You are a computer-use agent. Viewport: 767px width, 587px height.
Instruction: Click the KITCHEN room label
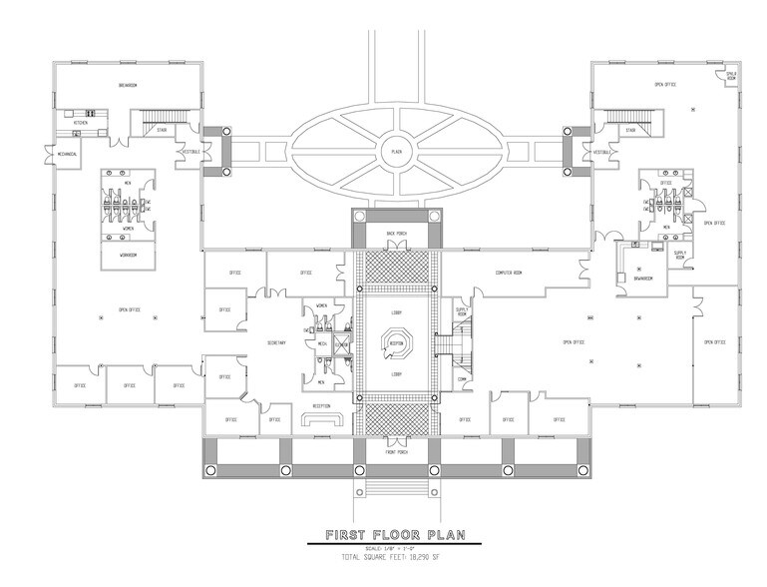point(80,124)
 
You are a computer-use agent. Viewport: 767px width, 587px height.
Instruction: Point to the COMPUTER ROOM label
point(510,272)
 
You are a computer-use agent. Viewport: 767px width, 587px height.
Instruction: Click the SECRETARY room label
point(276,343)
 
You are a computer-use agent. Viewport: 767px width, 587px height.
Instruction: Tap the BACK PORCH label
point(396,232)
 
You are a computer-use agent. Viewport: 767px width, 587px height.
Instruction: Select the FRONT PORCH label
point(396,452)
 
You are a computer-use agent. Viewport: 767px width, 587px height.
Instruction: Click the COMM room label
point(462,378)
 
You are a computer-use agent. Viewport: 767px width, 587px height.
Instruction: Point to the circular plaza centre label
point(396,152)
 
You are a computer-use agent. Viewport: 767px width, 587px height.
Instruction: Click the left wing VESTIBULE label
point(190,151)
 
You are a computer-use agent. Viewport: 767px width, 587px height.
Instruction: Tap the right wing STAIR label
point(629,130)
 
